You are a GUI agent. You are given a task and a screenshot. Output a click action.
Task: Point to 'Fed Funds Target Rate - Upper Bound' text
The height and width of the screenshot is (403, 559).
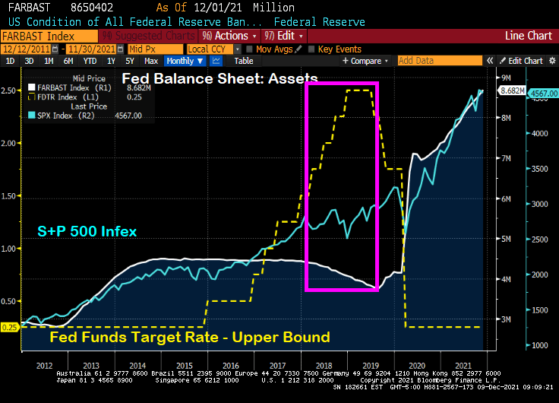pyautogui.click(x=190, y=337)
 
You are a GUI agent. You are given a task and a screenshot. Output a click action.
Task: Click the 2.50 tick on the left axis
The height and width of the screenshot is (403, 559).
pyautogui.click(x=10, y=90)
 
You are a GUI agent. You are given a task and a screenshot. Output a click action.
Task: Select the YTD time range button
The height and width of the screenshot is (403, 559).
pyautogui.click(x=90, y=61)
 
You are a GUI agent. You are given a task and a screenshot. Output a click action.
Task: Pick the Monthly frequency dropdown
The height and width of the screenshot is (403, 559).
pyautogui.click(x=183, y=61)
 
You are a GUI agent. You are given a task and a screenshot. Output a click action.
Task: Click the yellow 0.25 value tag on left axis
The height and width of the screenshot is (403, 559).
pyautogui.click(x=10, y=327)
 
